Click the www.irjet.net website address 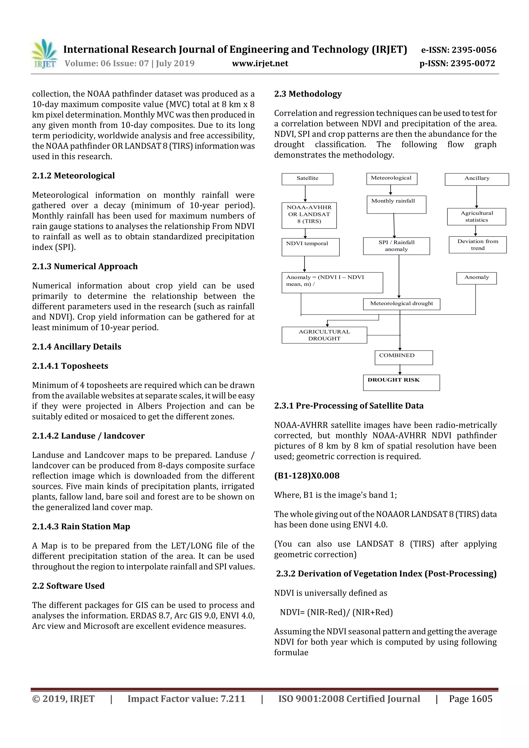pyautogui.click(x=260, y=63)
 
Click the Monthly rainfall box pyautogui.click(x=396, y=204)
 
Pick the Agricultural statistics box pyautogui.click(x=476, y=217)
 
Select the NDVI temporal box pyautogui.click(x=310, y=247)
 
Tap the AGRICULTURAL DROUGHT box pyautogui.click(x=324, y=335)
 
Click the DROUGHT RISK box pyautogui.click(x=401, y=382)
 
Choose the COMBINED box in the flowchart pyautogui.click(x=403, y=357)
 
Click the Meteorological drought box pyautogui.click(x=401, y=304)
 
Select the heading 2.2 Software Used pyautogui.click(x=68, y=586)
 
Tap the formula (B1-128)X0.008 pyautogui.click(x=307, y=476)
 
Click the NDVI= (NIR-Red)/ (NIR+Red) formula pyautogui.click(x=336, y=612)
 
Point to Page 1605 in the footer pyautogui.click(x=470, y=699)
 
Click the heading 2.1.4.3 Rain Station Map pyautogui.click(x=81, y=526)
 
